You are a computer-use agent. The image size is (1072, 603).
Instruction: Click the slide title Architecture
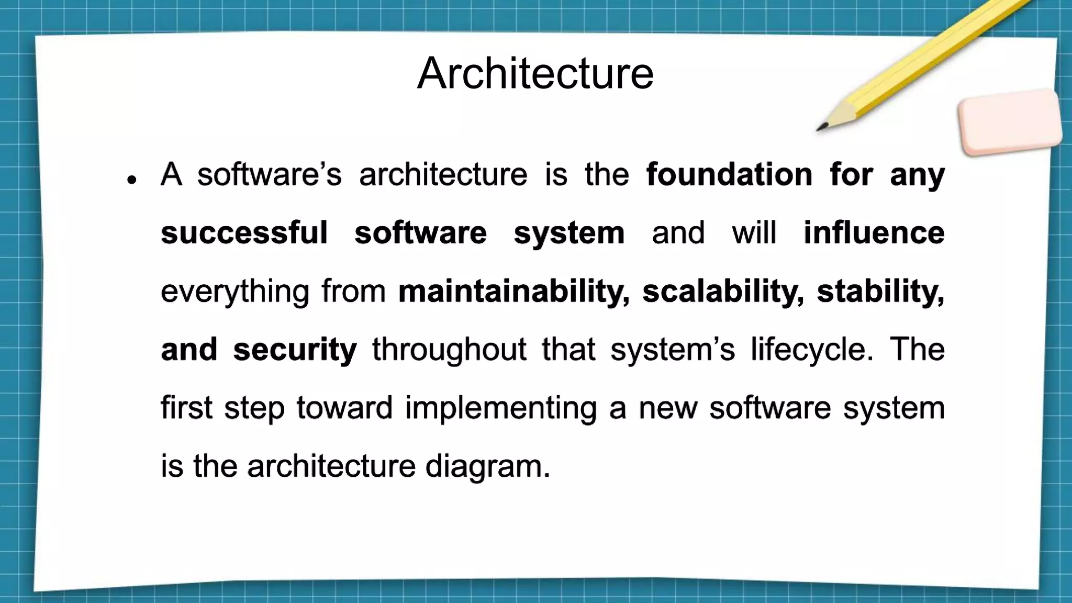coord(535,73)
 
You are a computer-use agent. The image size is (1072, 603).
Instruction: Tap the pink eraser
coord(1010,122)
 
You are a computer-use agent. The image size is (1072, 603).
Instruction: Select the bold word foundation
coord(729,174)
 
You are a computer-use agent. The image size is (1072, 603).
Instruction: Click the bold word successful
coord(244,233)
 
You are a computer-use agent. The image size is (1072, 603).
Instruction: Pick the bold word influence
coord(874,233)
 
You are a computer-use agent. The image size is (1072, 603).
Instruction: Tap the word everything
coord(234,292)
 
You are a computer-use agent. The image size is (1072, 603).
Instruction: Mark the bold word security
coord(295,350)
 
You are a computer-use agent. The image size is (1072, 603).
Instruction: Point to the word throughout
coord(449,350)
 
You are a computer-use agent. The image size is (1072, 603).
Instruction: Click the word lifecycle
coord(809,350)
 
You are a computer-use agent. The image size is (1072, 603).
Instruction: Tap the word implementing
coord(500,408)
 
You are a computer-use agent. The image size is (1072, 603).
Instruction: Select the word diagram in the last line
coord(487,466)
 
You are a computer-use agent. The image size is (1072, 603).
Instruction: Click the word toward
coord(344,408)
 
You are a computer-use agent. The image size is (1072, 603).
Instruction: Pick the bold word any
coord(917,175)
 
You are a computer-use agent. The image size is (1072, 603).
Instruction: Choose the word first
coord(186,408)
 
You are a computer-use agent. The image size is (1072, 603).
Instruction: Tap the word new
coord(668,408)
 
